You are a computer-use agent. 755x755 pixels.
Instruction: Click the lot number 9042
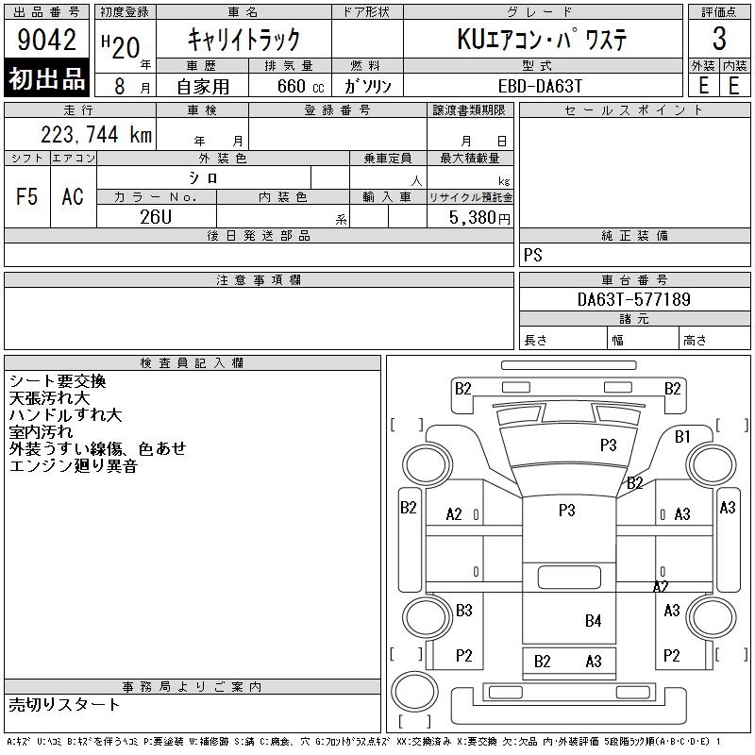point(46,39)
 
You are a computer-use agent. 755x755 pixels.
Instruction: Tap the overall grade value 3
point(719,39)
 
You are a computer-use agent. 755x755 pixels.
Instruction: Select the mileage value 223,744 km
point(96,134)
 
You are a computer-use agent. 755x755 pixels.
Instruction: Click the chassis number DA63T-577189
point(633,299)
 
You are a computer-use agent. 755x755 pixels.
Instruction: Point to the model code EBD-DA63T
point(540,86)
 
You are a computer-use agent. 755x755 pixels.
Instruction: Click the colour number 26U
point(156,217)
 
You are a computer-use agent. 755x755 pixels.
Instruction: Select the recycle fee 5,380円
point(479,217)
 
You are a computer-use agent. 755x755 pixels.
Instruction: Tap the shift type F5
point(27,196)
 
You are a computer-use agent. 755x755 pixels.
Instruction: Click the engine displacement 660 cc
point(300,86)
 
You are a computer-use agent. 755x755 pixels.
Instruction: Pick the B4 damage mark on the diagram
point(594,620)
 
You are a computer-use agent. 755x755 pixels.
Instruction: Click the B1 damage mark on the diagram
point(682,436)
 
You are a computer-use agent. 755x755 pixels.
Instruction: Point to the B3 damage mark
point(463,610)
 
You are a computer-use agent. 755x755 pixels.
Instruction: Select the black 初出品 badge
point(46,78)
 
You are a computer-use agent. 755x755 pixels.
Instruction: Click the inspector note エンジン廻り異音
point(74,466)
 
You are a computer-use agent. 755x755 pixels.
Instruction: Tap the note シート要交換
point(58,381)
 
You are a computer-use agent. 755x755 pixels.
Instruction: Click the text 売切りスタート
point(64,705)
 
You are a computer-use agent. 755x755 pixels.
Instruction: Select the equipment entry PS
point(532,255)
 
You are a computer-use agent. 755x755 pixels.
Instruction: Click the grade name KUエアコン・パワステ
point(542,39)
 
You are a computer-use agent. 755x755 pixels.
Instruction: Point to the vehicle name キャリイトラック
point(243,40)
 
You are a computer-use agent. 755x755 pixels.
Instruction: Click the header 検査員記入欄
point(192,363)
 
